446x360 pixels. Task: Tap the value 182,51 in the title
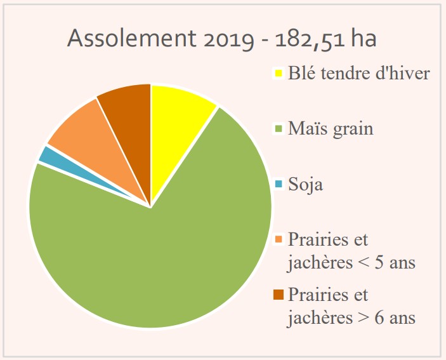click(311, 39)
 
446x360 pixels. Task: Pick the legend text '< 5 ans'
click(384, 262)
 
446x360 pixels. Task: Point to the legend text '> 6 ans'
click(384, 317)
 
